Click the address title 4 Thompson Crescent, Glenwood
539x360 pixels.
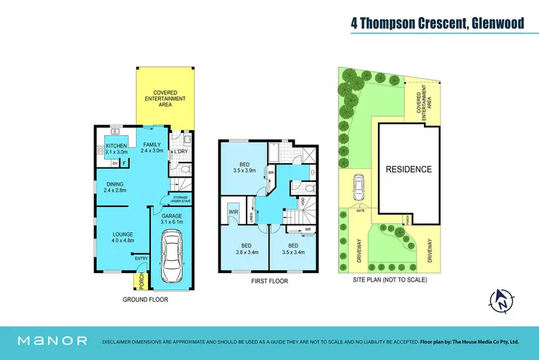[x=438, y=23]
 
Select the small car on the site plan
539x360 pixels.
[x=357, y=190]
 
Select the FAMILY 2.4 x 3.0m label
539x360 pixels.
[x=152, y=148]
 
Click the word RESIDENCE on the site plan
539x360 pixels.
[x=409, y=170]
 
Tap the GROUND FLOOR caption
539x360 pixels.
[x=145, y=298]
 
